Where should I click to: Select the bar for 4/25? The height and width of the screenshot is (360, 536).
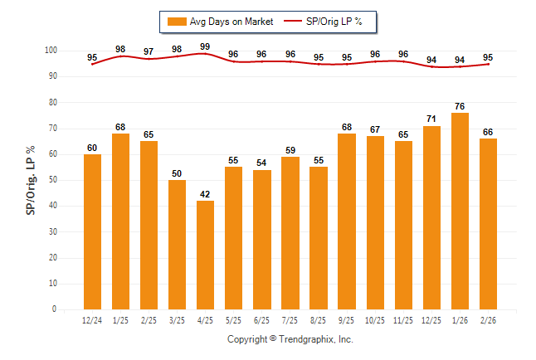(x=205, y=255)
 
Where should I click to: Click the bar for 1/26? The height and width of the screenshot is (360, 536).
(x=460, y=211)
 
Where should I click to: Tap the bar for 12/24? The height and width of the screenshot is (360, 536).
(x=92, y=231)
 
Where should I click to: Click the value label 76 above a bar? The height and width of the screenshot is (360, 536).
(x=460, y=105)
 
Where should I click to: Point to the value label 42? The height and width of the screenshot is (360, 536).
(x=205, y=193)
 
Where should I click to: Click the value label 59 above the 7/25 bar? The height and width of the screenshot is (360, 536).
(x=290, y=150)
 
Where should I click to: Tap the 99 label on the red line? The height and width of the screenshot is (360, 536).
(x=205, y=46)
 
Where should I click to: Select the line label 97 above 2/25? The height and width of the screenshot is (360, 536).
(x=149, y=51)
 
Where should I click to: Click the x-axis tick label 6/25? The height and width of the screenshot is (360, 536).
(x=262, y=319)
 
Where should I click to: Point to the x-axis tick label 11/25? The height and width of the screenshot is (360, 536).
(x=403, y=319)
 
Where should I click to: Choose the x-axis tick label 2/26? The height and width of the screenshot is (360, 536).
(x=488, y=319)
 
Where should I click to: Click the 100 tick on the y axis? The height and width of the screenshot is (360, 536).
(x=51, y=51)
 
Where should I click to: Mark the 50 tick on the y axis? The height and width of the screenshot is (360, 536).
(x=52, y=180)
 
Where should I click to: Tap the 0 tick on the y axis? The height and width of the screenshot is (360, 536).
(x=55, y=309)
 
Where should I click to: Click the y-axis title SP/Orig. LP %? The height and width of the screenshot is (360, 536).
(x=31, y=180)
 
